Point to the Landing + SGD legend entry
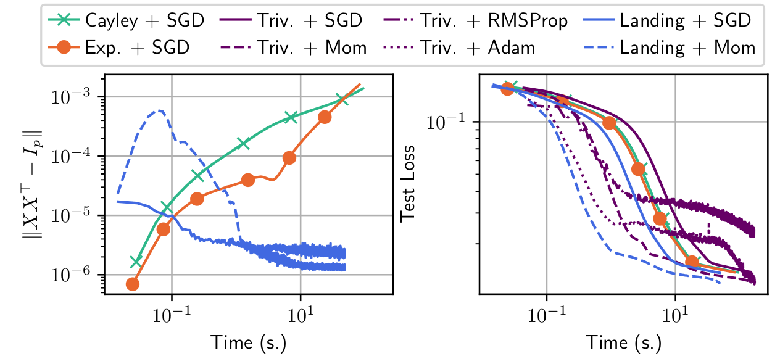coord(685,20)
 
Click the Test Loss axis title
coord(408,183)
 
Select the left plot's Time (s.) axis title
coord(249,341)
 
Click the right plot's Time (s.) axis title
coord(623,341)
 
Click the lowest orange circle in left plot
coord(132,284)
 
